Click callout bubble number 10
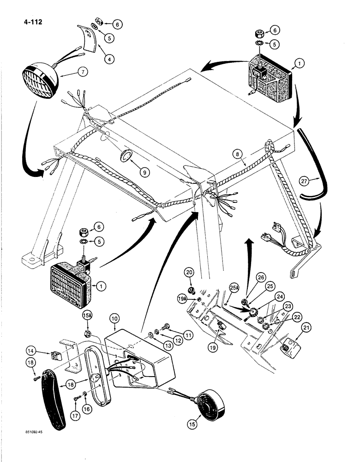click(114, 319)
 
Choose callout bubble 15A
click(87, 315)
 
